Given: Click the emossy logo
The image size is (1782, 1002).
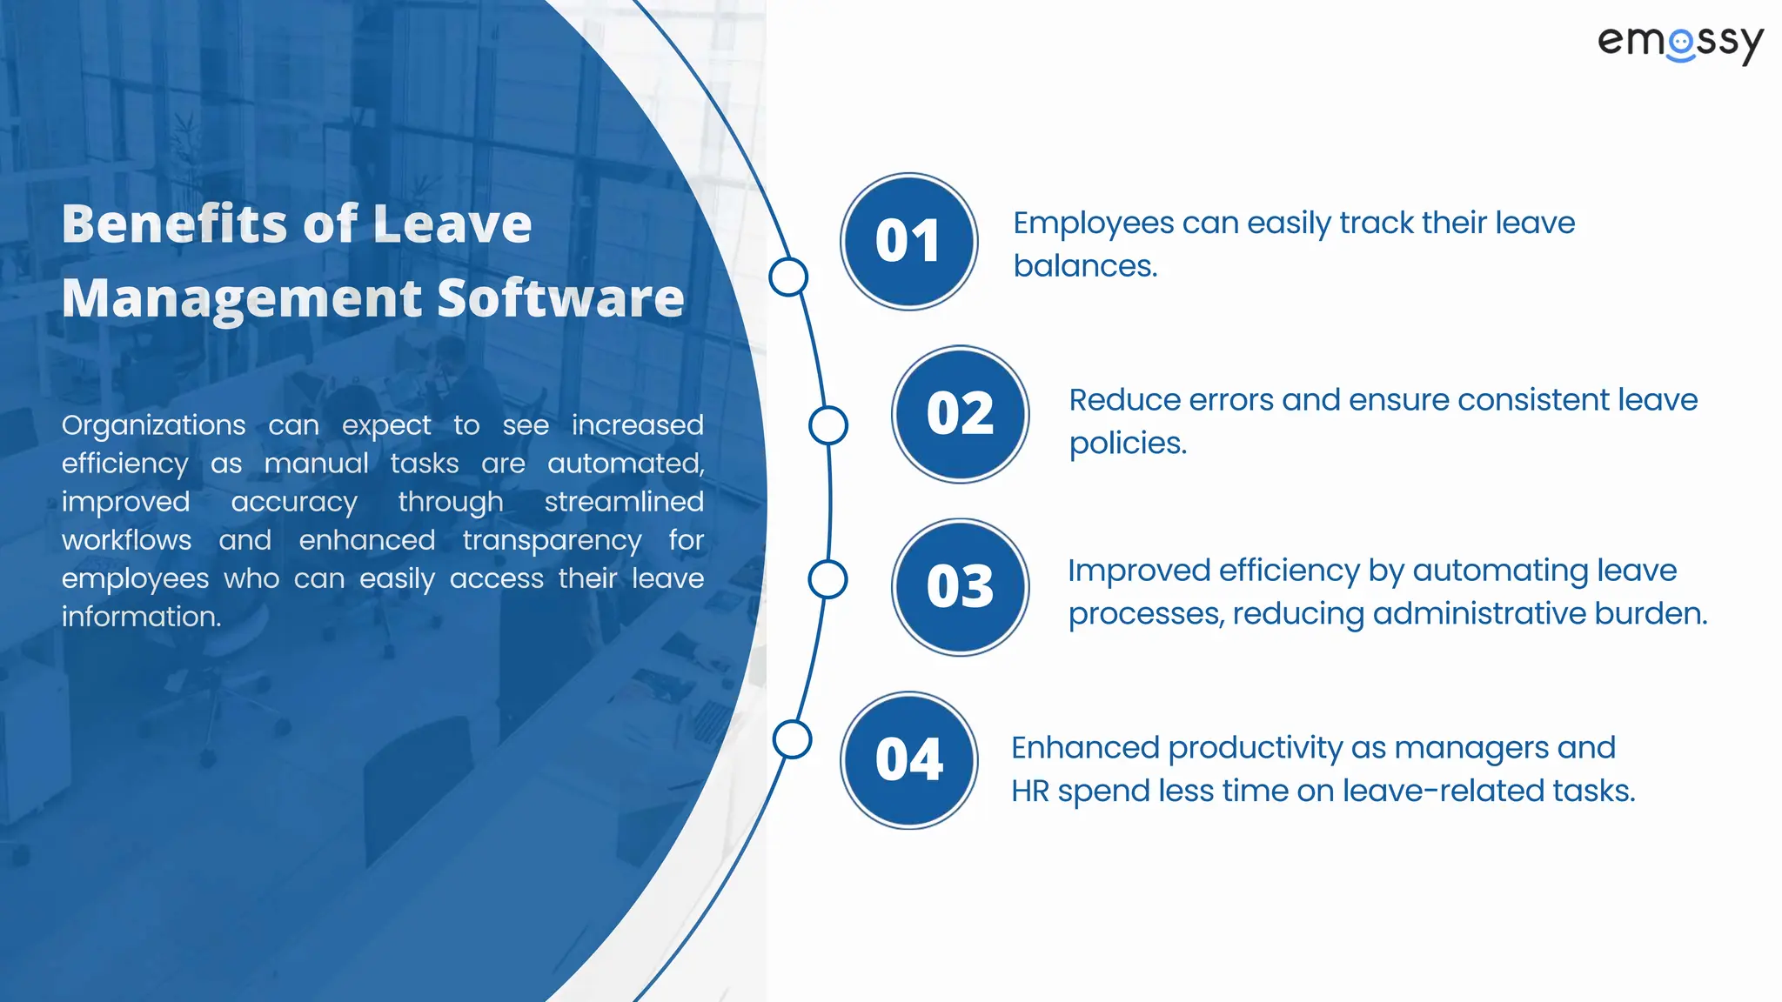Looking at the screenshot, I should pos(1680,43).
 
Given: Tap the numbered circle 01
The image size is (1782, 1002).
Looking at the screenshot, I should pos(908,241).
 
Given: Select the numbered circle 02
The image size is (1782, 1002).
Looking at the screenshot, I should pos(960,413).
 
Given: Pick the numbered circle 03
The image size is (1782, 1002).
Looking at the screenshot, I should pos(960,586).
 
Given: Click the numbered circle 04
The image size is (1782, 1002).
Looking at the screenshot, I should pos(908,759).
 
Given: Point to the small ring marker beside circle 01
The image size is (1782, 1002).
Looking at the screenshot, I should pos(788,277).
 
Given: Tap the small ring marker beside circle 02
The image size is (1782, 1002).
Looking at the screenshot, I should pos(827,425).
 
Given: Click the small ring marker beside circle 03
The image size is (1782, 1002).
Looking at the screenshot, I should pos(827,579).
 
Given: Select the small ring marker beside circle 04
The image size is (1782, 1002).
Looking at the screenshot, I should pos(792,739).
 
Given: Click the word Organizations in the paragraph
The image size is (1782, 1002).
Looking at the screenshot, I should pos(153,425).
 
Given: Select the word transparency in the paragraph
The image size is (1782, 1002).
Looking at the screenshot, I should pos(552,541).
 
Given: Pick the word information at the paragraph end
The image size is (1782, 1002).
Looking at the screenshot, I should pos(141,617).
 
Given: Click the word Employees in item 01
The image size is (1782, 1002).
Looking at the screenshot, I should pos(1093,224).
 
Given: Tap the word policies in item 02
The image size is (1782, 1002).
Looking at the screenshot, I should pos(1127,444).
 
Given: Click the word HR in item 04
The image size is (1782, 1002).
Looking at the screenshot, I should pos(1029,792).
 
